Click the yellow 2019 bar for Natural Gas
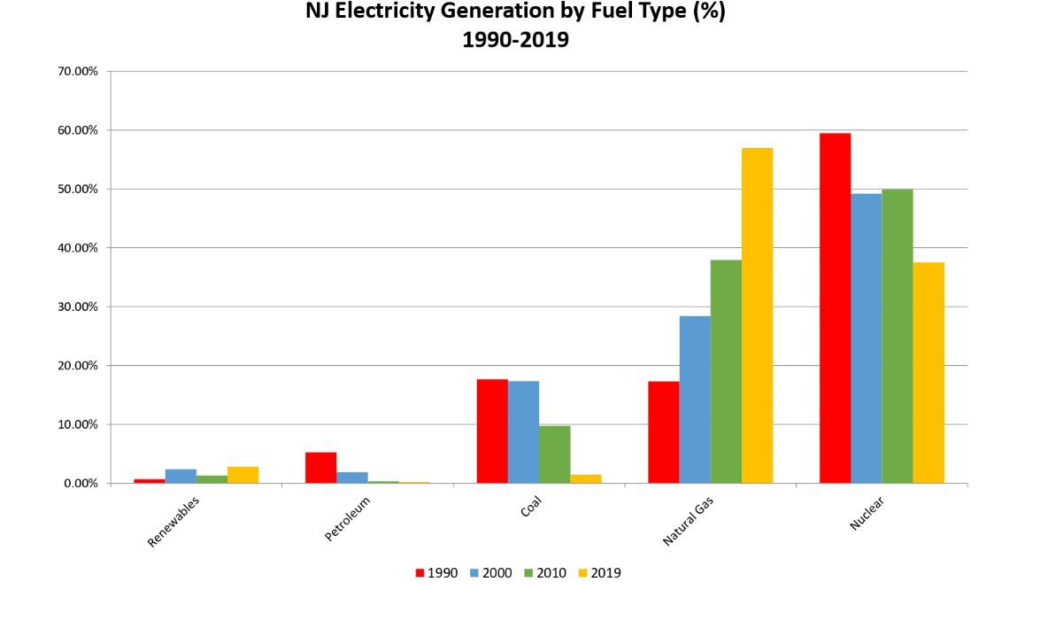(x=757, y=315)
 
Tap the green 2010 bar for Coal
(x=554, y=454)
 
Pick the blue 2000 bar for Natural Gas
(x=695, y=400)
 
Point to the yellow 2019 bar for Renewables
(x=243, y=475)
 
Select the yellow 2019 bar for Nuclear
(x=929, y=373)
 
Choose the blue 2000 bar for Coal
(x=523, y=432)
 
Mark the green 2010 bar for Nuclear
(x=898, y=337)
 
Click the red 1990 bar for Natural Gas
(x=664, y=432)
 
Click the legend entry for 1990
(x=436, y=573)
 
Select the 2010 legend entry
(x=545, y=573)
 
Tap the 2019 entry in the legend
(x=599, y=573)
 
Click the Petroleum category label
(x=348, y=519)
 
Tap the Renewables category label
(x=173, y=522)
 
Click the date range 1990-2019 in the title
(x=515, y=40)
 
